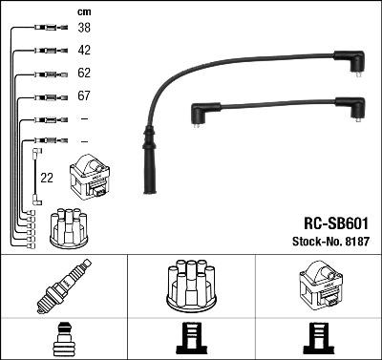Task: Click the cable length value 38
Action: (x=84, y=29)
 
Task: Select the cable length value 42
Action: (x=84, y=51)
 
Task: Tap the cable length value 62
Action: (x=84, y=74)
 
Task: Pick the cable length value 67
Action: (x=84, y=96)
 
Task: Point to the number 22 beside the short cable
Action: (x=46, y=177)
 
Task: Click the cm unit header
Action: (x=83, y=11)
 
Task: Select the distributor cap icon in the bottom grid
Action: (x=191, y=285)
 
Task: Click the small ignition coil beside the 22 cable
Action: (x=89, y=177)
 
